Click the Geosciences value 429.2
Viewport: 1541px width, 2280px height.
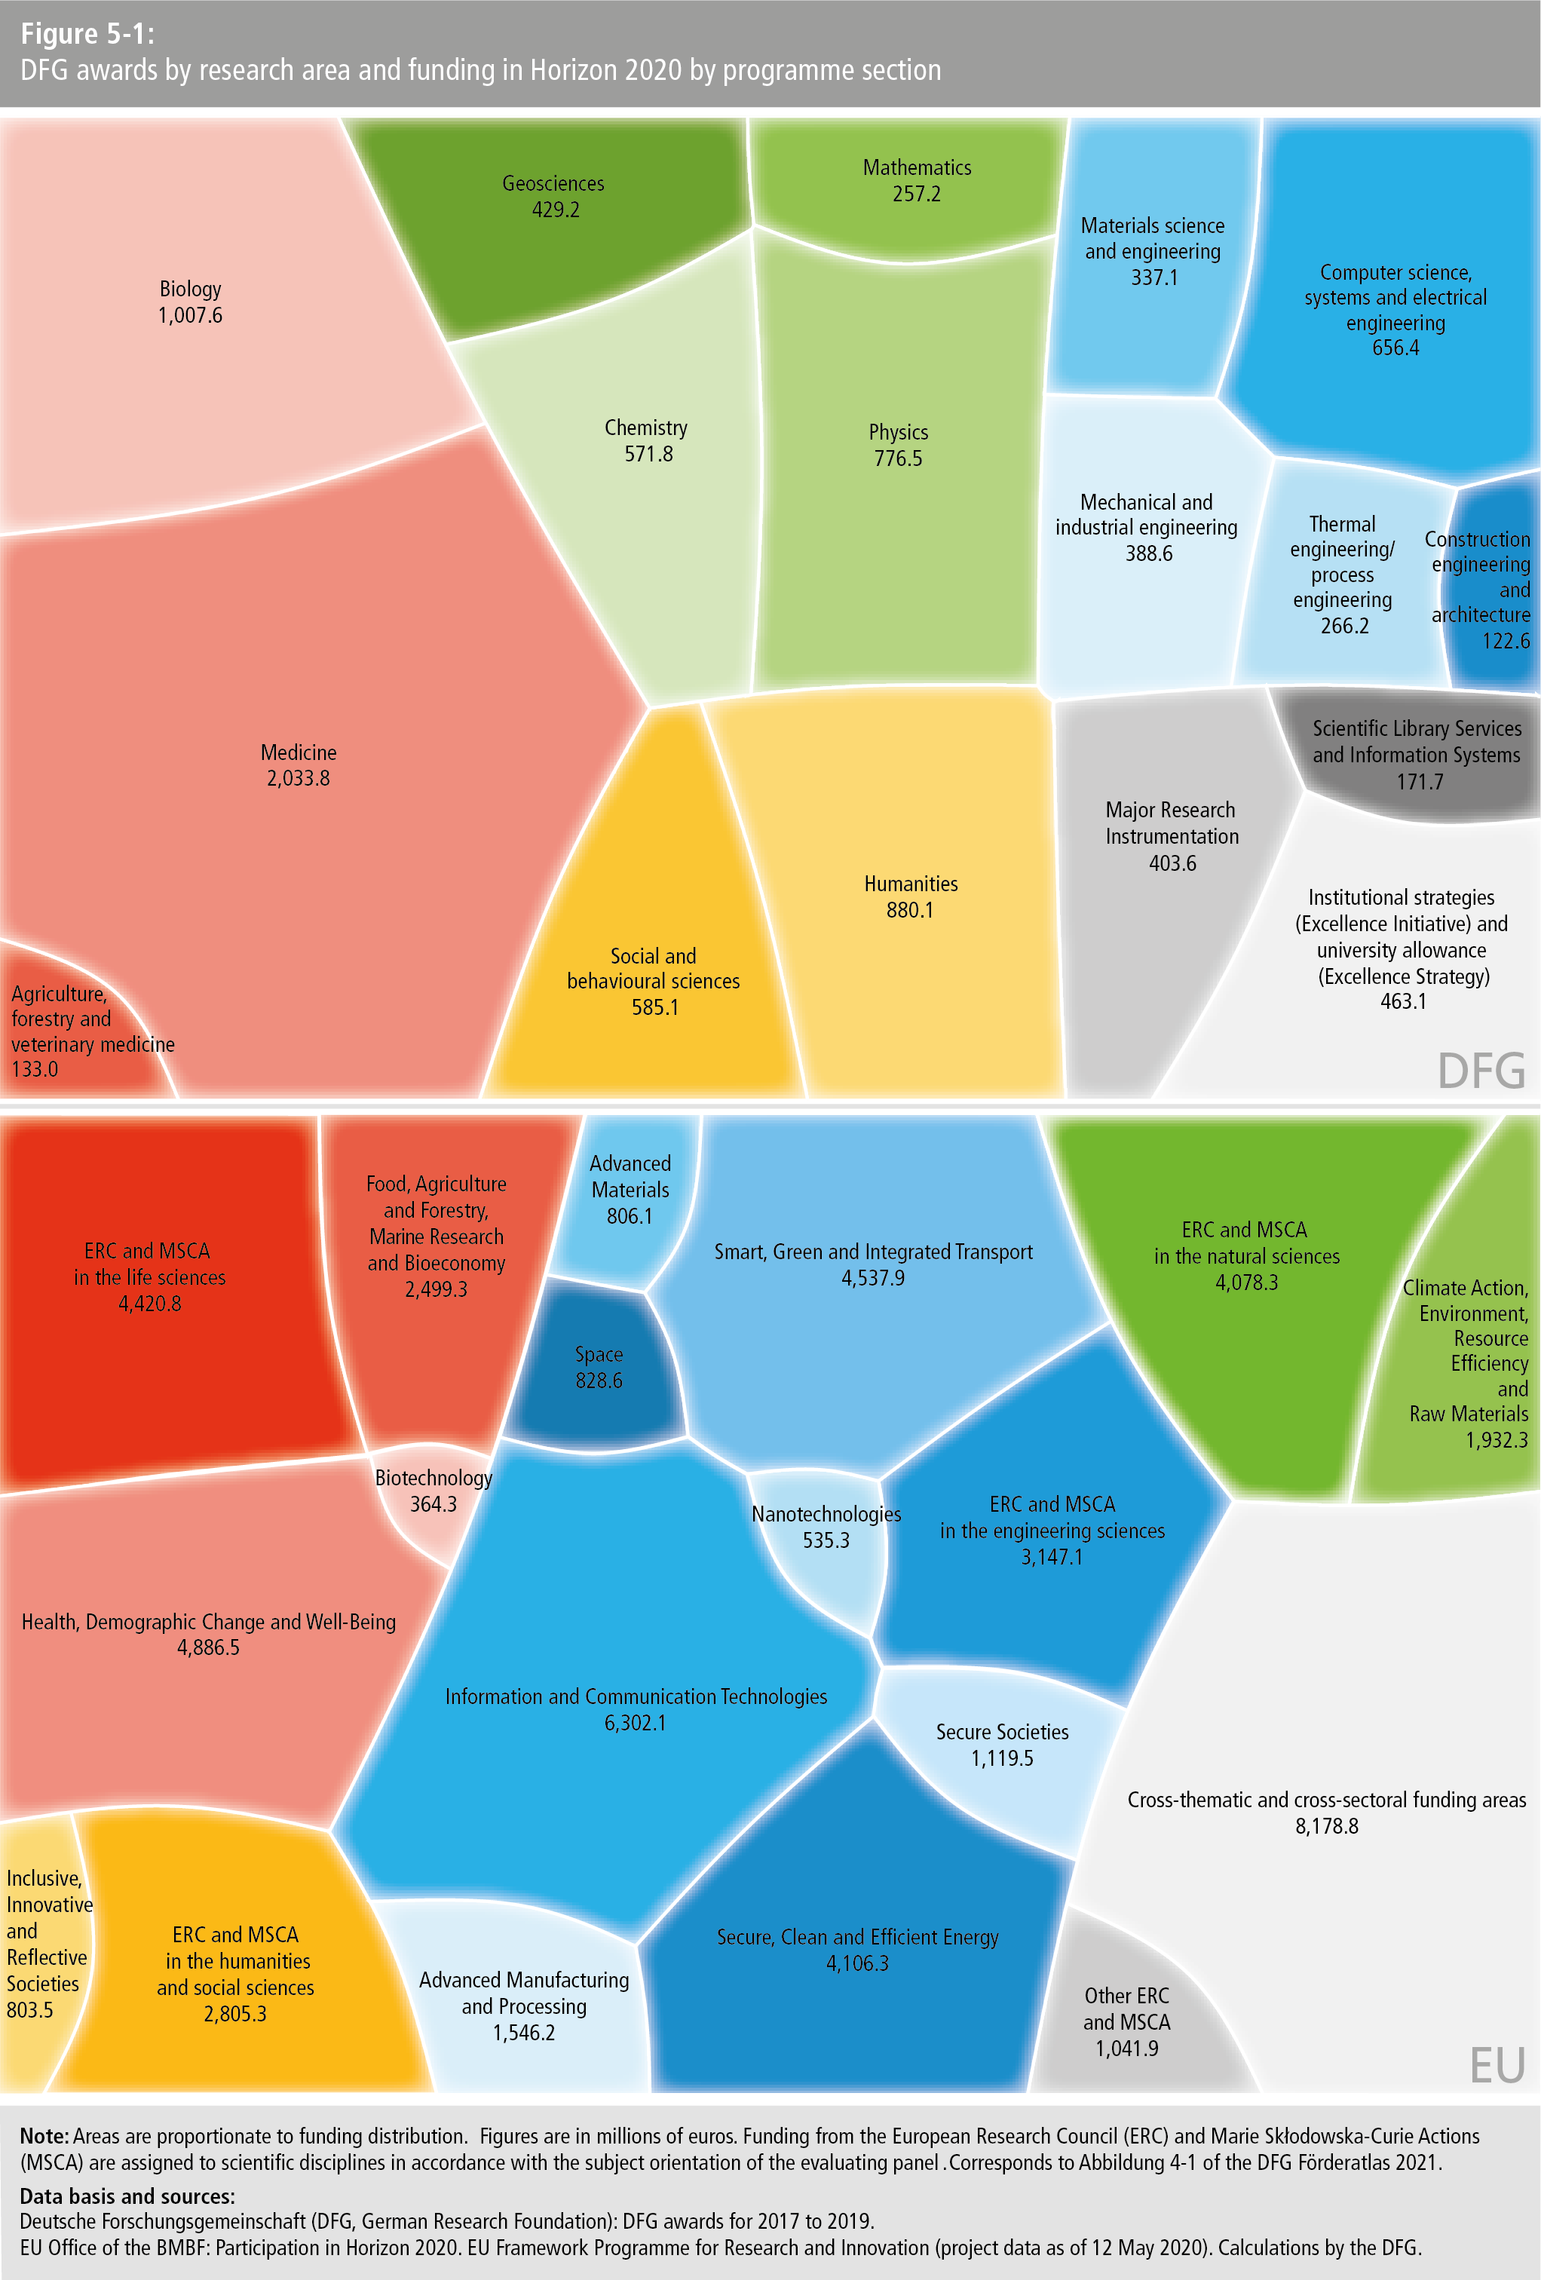[x=555, y=210]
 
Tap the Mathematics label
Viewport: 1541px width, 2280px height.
[x=916, y=168]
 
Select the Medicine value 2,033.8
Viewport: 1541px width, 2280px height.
[x=299, y=779]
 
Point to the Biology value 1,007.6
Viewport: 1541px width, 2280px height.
[x=190, y=316]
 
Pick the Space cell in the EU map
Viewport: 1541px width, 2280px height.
[x=599, y=1368]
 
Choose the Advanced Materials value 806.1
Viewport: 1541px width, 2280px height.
[x=629, y=1216]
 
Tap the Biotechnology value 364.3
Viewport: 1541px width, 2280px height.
[x=433, y=1504]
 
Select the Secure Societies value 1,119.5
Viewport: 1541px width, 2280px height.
[x=1001, y=1758]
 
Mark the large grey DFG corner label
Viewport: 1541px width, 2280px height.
[x=1481, y=1071]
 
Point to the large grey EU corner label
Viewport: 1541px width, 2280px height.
[x=1497, y=2065]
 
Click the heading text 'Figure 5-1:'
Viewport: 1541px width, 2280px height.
[x=87, y=35]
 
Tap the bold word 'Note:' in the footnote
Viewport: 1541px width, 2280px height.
[x=44, y=2136]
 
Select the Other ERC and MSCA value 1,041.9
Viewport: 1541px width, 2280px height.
[x=1126, y=2049]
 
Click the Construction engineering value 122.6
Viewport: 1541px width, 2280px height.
[x=1505, y=641]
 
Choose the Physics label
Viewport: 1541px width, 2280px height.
[x=897, y=433]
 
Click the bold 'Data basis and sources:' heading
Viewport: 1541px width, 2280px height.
[x=127, y=2196]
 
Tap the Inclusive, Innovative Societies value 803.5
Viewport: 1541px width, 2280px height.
[x=30, y=2010]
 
